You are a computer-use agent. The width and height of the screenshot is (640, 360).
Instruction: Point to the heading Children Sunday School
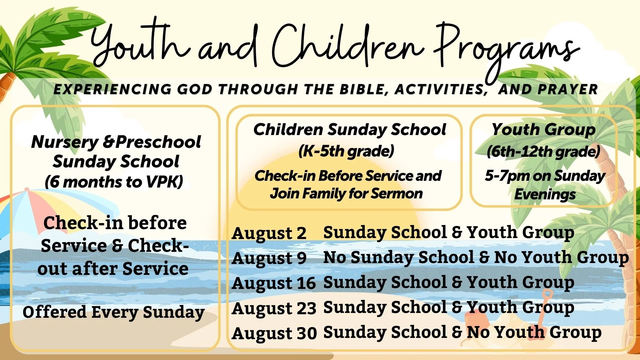coord(349,130)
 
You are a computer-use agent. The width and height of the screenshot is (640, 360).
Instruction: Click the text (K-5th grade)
coord(346,151)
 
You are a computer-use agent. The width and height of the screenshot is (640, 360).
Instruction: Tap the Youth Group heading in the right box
coord(543,130)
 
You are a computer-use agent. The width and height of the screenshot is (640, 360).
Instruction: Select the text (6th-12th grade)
coord(543,151)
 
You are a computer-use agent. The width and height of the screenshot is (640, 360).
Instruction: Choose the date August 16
coord(274,284)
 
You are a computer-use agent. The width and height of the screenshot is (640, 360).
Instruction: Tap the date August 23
coord(274,308)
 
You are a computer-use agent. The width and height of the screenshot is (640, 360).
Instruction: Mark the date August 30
coord(274,333)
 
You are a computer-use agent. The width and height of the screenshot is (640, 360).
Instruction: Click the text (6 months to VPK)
coord(114,182)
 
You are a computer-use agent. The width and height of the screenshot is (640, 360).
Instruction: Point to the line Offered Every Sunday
coord(114,313)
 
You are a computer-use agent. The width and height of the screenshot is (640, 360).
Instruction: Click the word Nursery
coord(65,142)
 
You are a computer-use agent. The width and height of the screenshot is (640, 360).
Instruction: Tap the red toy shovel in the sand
coord(544,304)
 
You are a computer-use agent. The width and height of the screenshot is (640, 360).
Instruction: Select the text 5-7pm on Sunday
coord(545,176)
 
